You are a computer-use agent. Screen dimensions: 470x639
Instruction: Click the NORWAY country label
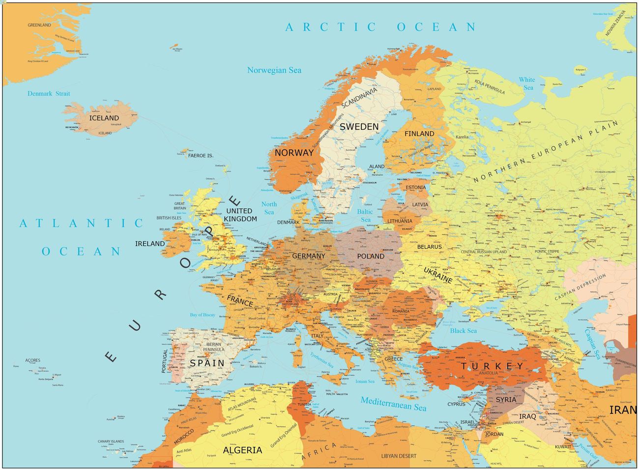pyautogui.click(x=294, y=153)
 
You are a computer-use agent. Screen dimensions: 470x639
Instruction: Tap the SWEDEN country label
pyautogui.click(x=359, y=127)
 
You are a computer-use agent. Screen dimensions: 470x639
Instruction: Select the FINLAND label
pyautogui.click(x=419, y=134)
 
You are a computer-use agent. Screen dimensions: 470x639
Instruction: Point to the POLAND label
pyautogui.click(x=371, y=256)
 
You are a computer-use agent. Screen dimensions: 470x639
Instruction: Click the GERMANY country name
pyautogui.click(x=309, y=256)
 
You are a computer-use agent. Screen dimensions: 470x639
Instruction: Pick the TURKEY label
pyautogui.click(x=493, y=366)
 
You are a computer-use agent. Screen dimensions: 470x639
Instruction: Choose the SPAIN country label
pyautogui.click(x=207, y=363)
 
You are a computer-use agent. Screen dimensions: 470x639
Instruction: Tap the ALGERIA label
pyautogui.click(x=242, y=450)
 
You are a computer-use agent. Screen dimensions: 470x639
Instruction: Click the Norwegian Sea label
pyautogui.click(x=274, y=70)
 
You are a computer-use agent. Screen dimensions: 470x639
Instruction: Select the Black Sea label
pyautogui.click(x=463, y=331)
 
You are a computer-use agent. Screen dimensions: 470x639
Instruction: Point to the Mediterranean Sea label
pyautogui.click(x=393, y=404)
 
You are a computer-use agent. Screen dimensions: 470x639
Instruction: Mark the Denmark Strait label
pyautogui.click(x=49, y=93)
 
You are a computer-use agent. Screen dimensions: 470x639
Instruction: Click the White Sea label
pyautogui.click(x=527, y=83)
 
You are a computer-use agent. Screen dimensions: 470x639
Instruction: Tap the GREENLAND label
pyautogui.click(x=39, y=25)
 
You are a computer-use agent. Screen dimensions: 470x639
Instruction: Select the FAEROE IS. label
pyautogui.click(x=201, y=156)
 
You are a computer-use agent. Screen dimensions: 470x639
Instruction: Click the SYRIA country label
pyautogui.click(x=506, y=400)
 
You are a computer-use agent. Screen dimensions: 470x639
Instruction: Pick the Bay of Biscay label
pyautogui.click(x=203, y=315)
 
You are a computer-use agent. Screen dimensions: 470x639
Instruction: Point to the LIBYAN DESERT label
pyautogui.click(x=399, y=456)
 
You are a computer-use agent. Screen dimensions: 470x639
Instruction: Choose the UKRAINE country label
pyautogui.click(x=438, y=276)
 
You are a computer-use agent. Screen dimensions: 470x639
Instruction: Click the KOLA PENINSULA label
pyautogui.click(x=490, y=87)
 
